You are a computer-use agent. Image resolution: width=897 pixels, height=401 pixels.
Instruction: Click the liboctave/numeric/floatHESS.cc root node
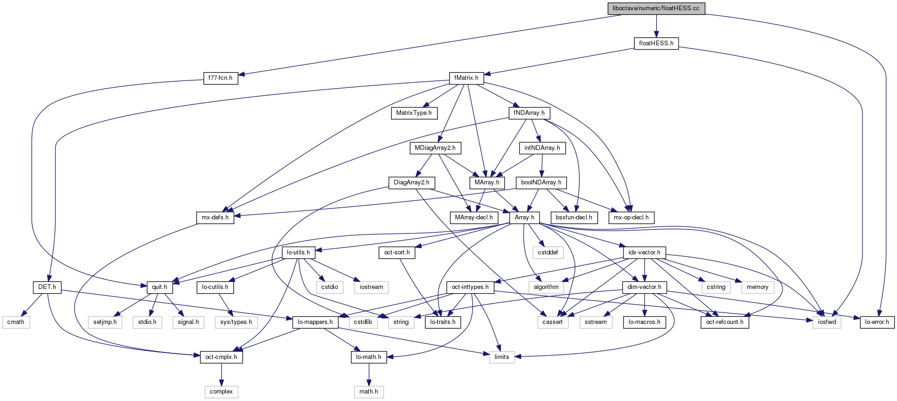pyautogui.click(x=656, y=8)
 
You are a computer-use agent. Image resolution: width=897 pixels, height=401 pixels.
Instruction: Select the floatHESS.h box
pyautogui.click(x=656, y=43)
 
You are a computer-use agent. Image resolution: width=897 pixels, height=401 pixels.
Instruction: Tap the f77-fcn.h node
pyautogui.click(x=220, y=78)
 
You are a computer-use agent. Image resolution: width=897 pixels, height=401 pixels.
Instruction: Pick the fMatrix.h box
pyautogui.click(x=466, y=78)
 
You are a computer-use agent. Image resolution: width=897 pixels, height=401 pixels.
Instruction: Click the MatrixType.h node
pyautogui.click(x=413, y=113)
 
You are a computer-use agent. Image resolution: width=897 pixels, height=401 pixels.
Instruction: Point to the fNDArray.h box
pyautogui.click(x=529, y=113)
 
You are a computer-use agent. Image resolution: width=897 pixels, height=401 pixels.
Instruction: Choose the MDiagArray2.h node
pyautogui.click(x=435, y=148)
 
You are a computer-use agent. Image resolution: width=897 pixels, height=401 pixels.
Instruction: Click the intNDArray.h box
pyautogui.click(x=542, y=148)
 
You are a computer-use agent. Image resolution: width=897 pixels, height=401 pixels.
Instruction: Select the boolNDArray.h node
pyautogui.click(x=541, y=183)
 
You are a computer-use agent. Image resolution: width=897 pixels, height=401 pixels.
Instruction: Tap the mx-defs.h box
pyautogui.click(x=215, y=218)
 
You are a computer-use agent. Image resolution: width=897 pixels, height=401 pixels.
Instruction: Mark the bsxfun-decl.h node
pyautogui.click(x=574, y=218)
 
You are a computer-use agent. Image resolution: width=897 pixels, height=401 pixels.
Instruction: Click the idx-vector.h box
pyautogui.click(x=644, y=253)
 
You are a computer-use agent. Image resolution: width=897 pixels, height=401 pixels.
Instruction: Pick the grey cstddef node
pyautogui.click(x=547, y=253)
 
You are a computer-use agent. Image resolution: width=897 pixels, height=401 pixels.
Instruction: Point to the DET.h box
pyautogui.click(x=47, y=287)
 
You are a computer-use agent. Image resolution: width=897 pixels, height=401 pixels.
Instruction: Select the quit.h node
pyautogui.click(x=159, y=287)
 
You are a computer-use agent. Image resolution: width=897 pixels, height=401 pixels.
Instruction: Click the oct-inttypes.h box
pyautogui.click(x=470, y=287)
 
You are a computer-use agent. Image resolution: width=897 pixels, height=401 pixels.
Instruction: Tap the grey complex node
pyautogui.click(x=221, y=392)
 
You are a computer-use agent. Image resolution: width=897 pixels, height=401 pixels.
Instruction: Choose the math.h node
pyautogui.click(x=368, y=392)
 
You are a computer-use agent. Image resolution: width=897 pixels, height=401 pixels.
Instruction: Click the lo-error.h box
pyautogui.click(x=877, y=322)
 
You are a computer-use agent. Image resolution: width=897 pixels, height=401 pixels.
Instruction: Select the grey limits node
pyautogui.click(x=502, y=357)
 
